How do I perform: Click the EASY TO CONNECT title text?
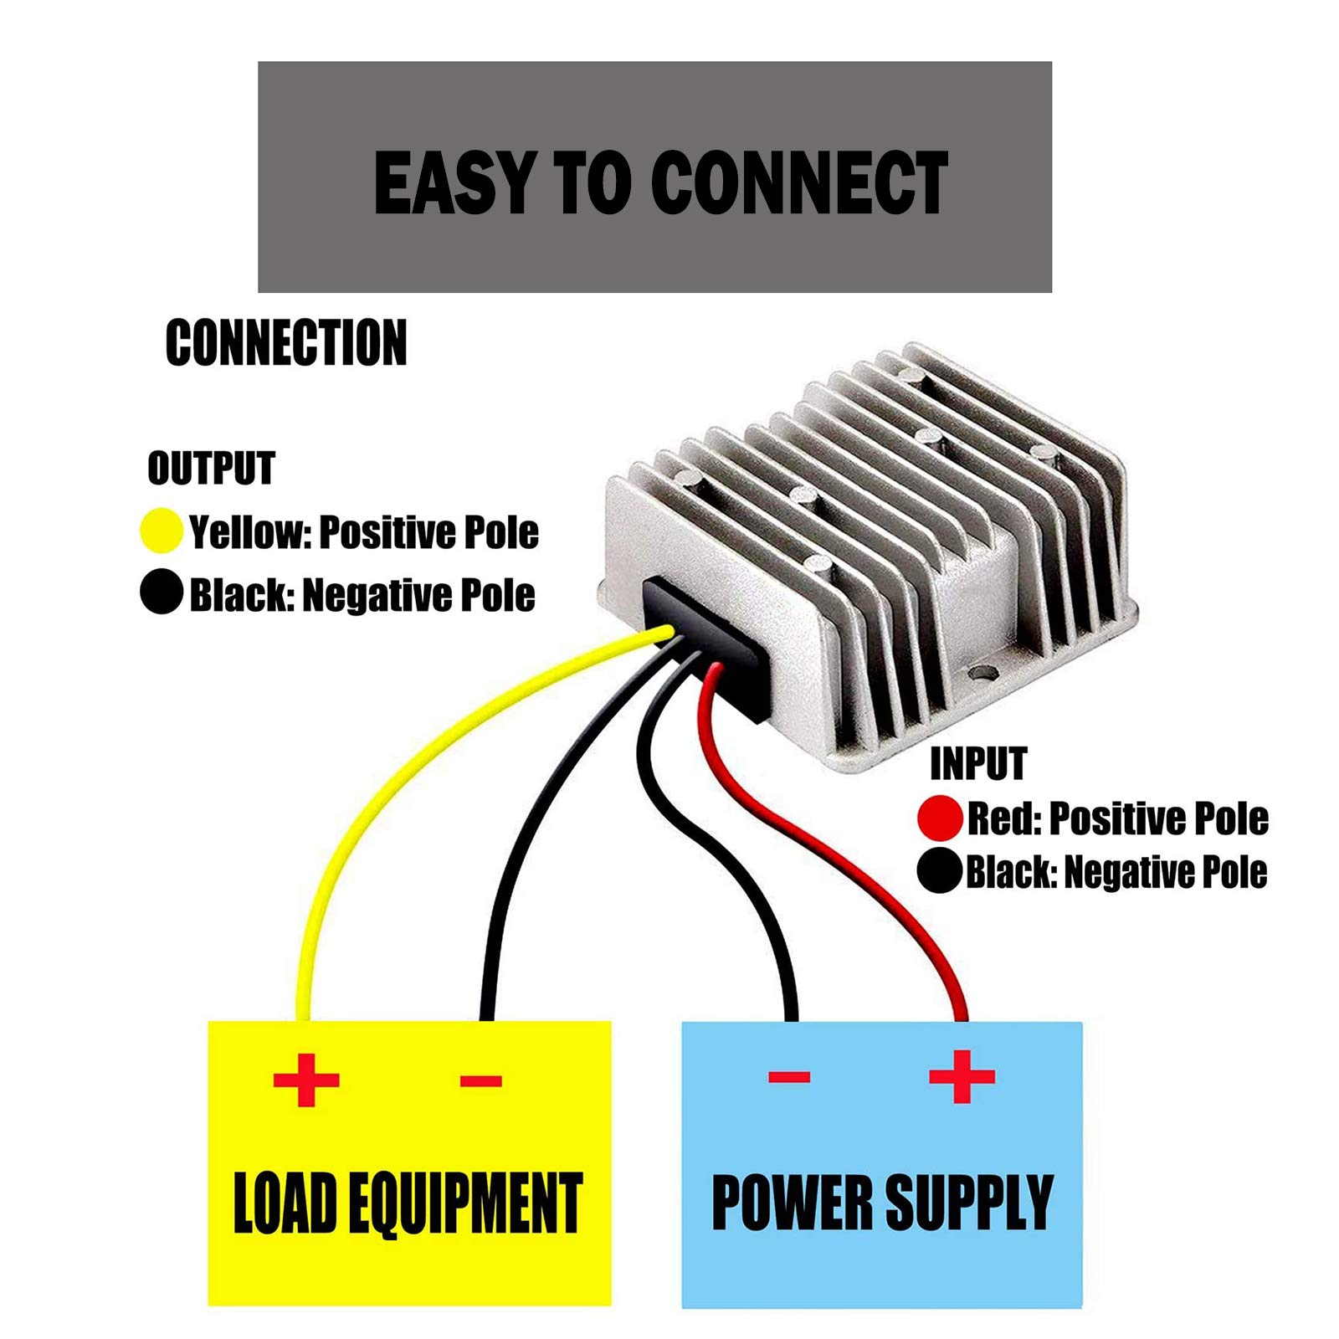[x=660, y=182]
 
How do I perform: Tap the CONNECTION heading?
[x=286, y=342]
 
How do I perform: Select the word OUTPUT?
[x=211, y=468]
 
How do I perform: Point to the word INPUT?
[x=977, y=764]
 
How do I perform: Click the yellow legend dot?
[x=161, y=531]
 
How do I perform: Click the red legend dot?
[x=939, y=818]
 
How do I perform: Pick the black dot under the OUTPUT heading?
[x=162, y=593]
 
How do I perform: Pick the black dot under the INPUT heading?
[x=939, y=871]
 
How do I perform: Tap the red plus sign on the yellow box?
[x=306, y=1080]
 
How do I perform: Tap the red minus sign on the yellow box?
[x=480, y=1080]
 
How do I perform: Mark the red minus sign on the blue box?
[x=789, y=1076]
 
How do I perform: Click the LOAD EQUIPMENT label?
[x=408, y=1203]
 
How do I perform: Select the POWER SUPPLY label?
[x=882, y=1202]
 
